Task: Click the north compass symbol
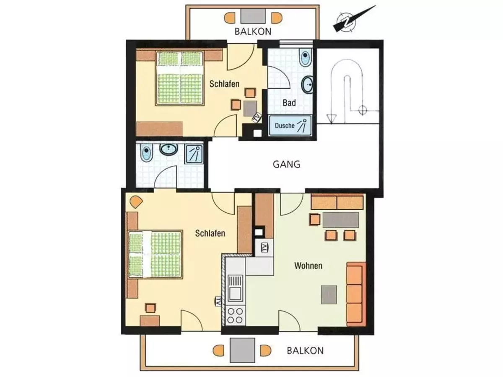(347, 21)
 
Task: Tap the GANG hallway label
(286, 164)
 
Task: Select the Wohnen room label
(308, 266)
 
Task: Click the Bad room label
(289, 103)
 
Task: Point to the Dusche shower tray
(290, 126)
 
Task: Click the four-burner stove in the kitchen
(235, 316)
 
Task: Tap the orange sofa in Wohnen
(356, 294)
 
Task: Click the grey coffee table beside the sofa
(329, 294)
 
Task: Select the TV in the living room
(264, 248)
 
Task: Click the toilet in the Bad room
(305, 57)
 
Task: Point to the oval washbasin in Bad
(308, 85)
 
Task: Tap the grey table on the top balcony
(253, 16)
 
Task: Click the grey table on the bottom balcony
(242, 351)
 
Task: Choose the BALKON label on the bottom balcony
(305, 351)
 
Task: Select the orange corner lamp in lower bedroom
(136, 201)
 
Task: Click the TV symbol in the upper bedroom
(257, 118)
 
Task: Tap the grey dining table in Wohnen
(341, 219)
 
